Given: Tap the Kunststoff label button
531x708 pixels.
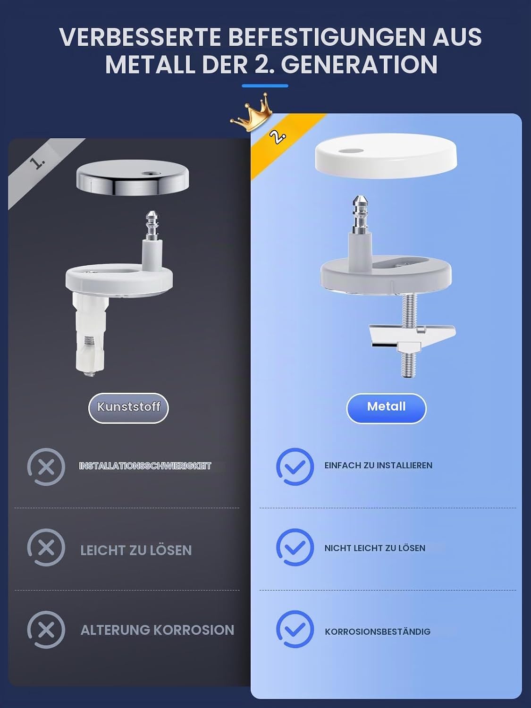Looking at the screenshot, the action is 128,408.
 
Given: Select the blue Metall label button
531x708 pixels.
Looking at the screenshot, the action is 386,408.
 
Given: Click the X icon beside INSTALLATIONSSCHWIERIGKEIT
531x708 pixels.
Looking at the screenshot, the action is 46,467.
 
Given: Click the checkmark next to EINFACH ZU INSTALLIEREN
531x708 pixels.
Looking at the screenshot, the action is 295,466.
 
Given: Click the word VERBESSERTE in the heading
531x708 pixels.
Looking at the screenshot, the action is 140,37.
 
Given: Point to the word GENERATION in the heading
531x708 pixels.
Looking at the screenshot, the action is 359,65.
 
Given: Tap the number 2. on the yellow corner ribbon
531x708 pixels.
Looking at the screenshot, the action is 278,137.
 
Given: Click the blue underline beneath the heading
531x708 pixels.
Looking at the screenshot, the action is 265,86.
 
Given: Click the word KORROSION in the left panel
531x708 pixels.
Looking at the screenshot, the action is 194,630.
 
